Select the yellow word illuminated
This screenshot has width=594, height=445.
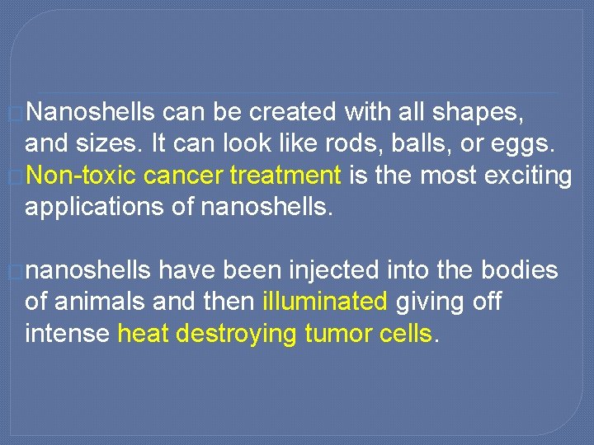pos(325,302)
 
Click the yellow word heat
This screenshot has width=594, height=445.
pos(143,334)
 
